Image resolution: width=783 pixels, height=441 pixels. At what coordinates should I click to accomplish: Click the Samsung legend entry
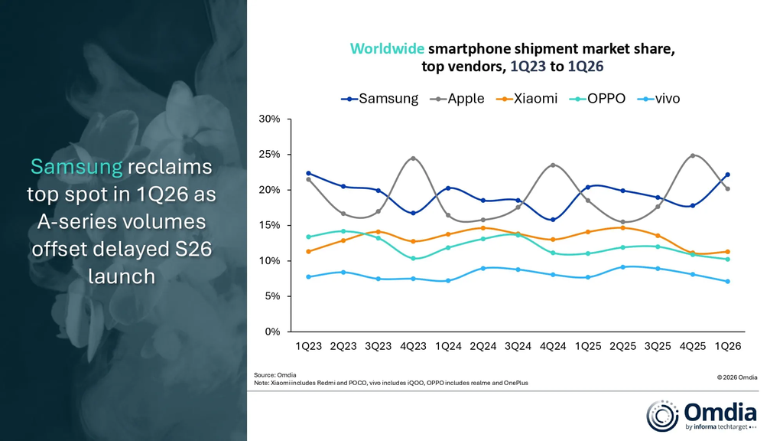381,99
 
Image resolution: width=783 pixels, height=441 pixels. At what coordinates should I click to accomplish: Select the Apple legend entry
459,99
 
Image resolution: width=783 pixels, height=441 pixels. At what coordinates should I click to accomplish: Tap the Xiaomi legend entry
528,99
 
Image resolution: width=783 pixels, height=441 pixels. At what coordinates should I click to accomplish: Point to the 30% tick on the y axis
270,119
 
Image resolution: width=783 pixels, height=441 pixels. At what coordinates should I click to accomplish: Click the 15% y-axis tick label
270,226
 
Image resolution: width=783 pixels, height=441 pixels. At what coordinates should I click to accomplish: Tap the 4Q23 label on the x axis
413,346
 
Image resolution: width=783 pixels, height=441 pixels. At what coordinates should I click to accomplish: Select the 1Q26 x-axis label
727,346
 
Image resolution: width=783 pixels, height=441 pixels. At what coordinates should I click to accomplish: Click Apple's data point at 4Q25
693,156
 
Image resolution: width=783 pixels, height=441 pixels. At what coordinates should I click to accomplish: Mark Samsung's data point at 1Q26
727,175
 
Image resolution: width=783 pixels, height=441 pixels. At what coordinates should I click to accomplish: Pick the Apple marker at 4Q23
413,158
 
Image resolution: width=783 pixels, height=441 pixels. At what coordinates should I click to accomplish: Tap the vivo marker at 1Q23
308,277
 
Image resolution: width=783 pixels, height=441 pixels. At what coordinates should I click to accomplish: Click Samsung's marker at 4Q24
553,220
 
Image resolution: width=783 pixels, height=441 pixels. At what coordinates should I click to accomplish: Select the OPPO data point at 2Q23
343,231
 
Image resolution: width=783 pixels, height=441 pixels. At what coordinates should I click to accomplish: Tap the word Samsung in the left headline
76,167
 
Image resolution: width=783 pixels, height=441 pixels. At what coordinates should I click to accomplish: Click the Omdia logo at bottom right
701,415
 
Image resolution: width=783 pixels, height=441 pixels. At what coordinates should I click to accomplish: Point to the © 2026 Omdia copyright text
736,377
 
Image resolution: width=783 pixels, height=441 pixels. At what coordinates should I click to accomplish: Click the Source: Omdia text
275,374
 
